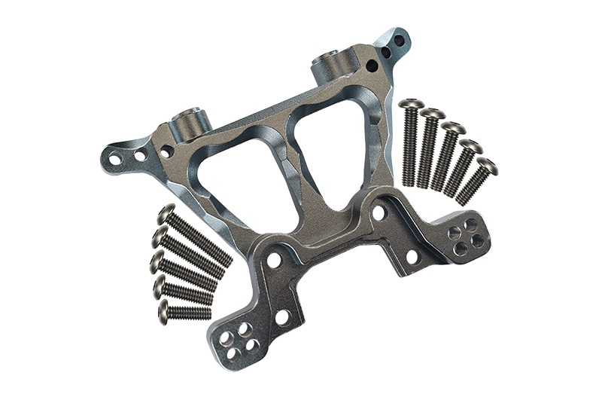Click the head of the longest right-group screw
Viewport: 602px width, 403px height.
(411, 103)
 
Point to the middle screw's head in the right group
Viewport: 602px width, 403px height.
(452, 128)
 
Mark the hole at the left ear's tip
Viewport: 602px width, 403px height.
(114, 160)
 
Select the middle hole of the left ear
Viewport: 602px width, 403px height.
(140, 156)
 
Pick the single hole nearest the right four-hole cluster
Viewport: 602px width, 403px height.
(412, 256)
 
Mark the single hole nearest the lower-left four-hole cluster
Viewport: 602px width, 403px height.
(282, 317)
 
